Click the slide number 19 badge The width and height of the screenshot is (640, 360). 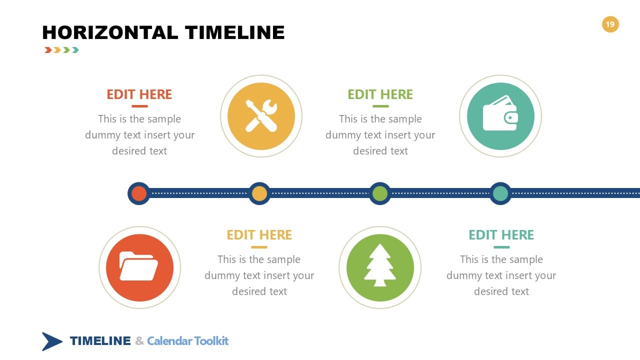610,24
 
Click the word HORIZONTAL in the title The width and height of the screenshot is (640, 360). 110,32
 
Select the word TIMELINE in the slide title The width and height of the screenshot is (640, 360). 235,32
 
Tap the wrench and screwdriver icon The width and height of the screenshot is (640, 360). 261,116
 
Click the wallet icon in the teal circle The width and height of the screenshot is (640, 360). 500,116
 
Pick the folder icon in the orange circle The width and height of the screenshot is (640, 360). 139,267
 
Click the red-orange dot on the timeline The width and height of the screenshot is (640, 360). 139,193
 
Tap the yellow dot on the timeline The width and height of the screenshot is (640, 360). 259,193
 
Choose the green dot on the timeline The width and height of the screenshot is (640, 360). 380,193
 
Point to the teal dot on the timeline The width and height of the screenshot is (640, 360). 500,193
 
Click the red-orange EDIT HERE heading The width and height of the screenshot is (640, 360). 139,94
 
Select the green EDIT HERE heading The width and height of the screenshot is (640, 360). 380,94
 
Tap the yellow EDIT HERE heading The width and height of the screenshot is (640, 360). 259,235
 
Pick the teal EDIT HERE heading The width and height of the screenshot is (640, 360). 501,235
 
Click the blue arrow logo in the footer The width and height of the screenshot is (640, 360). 51,341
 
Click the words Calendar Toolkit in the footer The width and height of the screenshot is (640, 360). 187,341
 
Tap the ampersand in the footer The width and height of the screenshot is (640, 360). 139,341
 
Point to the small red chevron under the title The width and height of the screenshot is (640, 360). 48,50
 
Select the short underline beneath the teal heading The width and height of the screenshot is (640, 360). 501,247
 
